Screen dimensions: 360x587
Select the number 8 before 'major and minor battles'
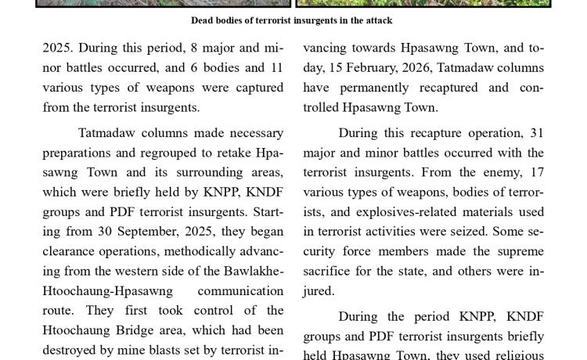[178, 49]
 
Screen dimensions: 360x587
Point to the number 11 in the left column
[275, 68]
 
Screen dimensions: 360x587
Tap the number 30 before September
[106, 232]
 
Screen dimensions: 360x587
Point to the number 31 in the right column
[536, 133]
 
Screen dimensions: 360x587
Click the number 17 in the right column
[537, 172]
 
